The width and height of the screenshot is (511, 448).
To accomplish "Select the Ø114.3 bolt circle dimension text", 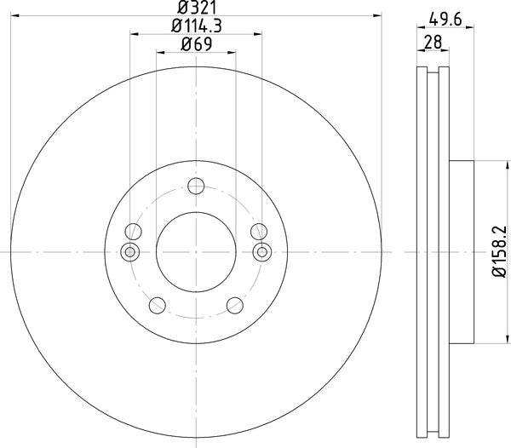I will pos(195,26).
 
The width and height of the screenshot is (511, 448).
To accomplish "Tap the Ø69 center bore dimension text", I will pos(195,45).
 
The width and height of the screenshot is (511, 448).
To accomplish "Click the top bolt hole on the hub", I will pos(196,187).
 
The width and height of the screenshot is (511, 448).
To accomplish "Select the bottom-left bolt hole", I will pos(156,307).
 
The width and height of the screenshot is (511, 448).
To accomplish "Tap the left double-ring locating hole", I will pos(130,251).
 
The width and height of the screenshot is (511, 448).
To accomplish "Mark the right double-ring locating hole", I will pos(261,251).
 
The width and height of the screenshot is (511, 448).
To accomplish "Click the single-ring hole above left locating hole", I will pos(132,231).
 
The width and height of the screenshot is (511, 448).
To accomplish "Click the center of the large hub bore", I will pos(196,251).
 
